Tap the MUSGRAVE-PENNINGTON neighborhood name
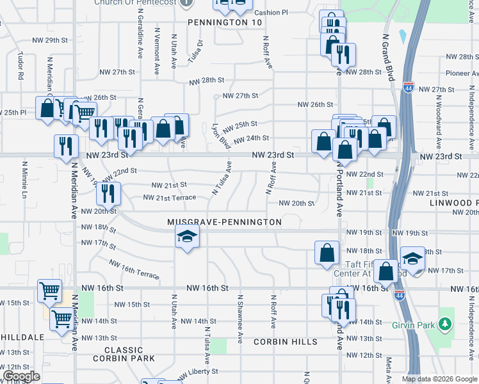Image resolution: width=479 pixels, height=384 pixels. [x=224, y=222]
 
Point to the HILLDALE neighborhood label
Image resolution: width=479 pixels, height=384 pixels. [x=22, y=337]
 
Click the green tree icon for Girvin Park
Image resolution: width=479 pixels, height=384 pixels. [x=446, y=324]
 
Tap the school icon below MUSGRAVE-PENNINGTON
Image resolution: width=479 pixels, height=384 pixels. [x=186, y=238]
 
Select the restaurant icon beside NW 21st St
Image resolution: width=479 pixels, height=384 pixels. [x=109, y=192]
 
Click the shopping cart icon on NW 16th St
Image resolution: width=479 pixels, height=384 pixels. [x=49, y=291]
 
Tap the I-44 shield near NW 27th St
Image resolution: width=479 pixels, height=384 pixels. [x=408, y=87]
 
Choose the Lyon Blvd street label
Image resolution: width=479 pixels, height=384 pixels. [x=221, y=136]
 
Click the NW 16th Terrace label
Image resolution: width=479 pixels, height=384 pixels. [x=133, y=269]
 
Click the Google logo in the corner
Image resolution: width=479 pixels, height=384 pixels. [x=21, y=376]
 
